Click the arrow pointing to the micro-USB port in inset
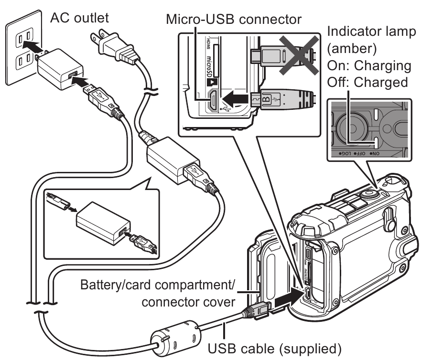point(237,99)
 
